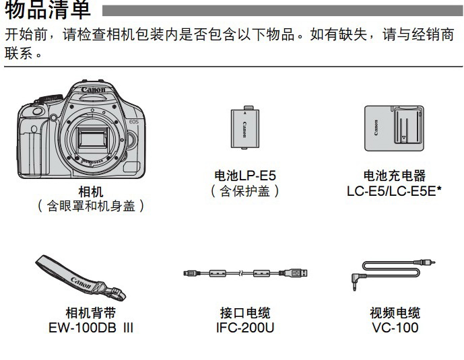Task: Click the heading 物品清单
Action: [48, 9]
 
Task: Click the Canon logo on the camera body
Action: [93, 89]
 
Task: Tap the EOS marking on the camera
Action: [134, 122]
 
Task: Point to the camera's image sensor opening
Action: [92, 139]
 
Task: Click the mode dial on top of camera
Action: [51, 98]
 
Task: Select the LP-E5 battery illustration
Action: [245, 128]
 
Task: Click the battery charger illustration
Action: [394, 129]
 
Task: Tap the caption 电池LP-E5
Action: [245, 176]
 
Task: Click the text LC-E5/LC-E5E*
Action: [394, 191]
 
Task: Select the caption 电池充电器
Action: [395, 176]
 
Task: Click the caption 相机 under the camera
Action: [90, 192]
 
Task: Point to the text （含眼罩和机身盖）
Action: [90, 206]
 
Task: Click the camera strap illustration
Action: [81, 277]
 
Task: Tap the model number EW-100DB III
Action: [90, 328]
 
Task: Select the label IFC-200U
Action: [245, 328]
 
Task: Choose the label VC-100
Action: [395, 328]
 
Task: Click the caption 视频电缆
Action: [395, 313]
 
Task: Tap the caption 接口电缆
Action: [245, 313]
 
